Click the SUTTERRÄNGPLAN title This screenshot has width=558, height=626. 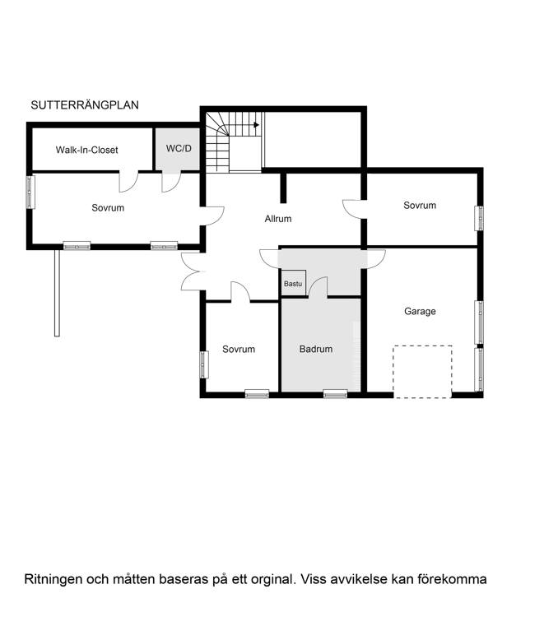(84, 105)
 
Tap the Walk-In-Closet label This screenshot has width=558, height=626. (86, 151)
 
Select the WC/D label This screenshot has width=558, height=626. (179, 149)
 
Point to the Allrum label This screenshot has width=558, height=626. (278, 219)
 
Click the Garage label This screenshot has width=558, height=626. (420, 312)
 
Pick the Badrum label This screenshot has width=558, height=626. (316, 350)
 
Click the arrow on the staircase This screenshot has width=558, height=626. (256, 125)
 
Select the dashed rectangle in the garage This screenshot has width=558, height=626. (422, 371)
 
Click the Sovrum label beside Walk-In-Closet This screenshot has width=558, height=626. (108, 208)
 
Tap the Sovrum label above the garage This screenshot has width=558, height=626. (420, 206)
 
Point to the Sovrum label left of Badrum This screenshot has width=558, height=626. (239, 350)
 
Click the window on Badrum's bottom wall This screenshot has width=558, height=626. (335, 394)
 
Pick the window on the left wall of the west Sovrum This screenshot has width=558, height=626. (30, 192)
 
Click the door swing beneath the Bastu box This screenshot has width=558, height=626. (319, 288)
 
